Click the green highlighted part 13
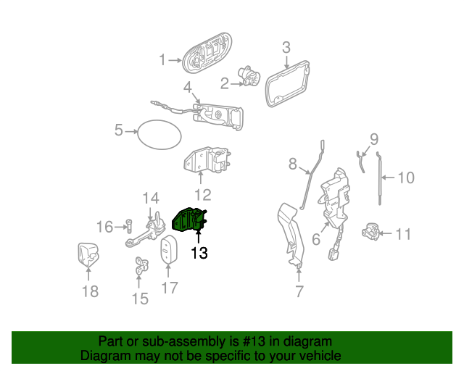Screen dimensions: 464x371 point(188,220)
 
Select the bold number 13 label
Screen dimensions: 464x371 point(199,253)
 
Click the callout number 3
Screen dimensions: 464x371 point(286,47)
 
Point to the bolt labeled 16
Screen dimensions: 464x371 point(129,226)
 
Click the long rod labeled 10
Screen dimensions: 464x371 point(380,179)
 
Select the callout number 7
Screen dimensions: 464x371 point(299,292)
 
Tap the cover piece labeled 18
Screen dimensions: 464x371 point(88,255)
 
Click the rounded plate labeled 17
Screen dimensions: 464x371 point(169,249)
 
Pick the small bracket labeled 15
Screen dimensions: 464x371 point(141,265)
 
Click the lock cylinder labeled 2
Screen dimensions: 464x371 point(249,75)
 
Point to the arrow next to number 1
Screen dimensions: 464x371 point(175,60)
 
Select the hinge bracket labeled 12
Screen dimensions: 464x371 point(207,160)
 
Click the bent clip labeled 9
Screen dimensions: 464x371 point(360,162)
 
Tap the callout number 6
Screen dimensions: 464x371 point(316,239)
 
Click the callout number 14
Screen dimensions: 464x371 point(151,199)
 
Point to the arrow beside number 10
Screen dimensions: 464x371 point(388,178)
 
